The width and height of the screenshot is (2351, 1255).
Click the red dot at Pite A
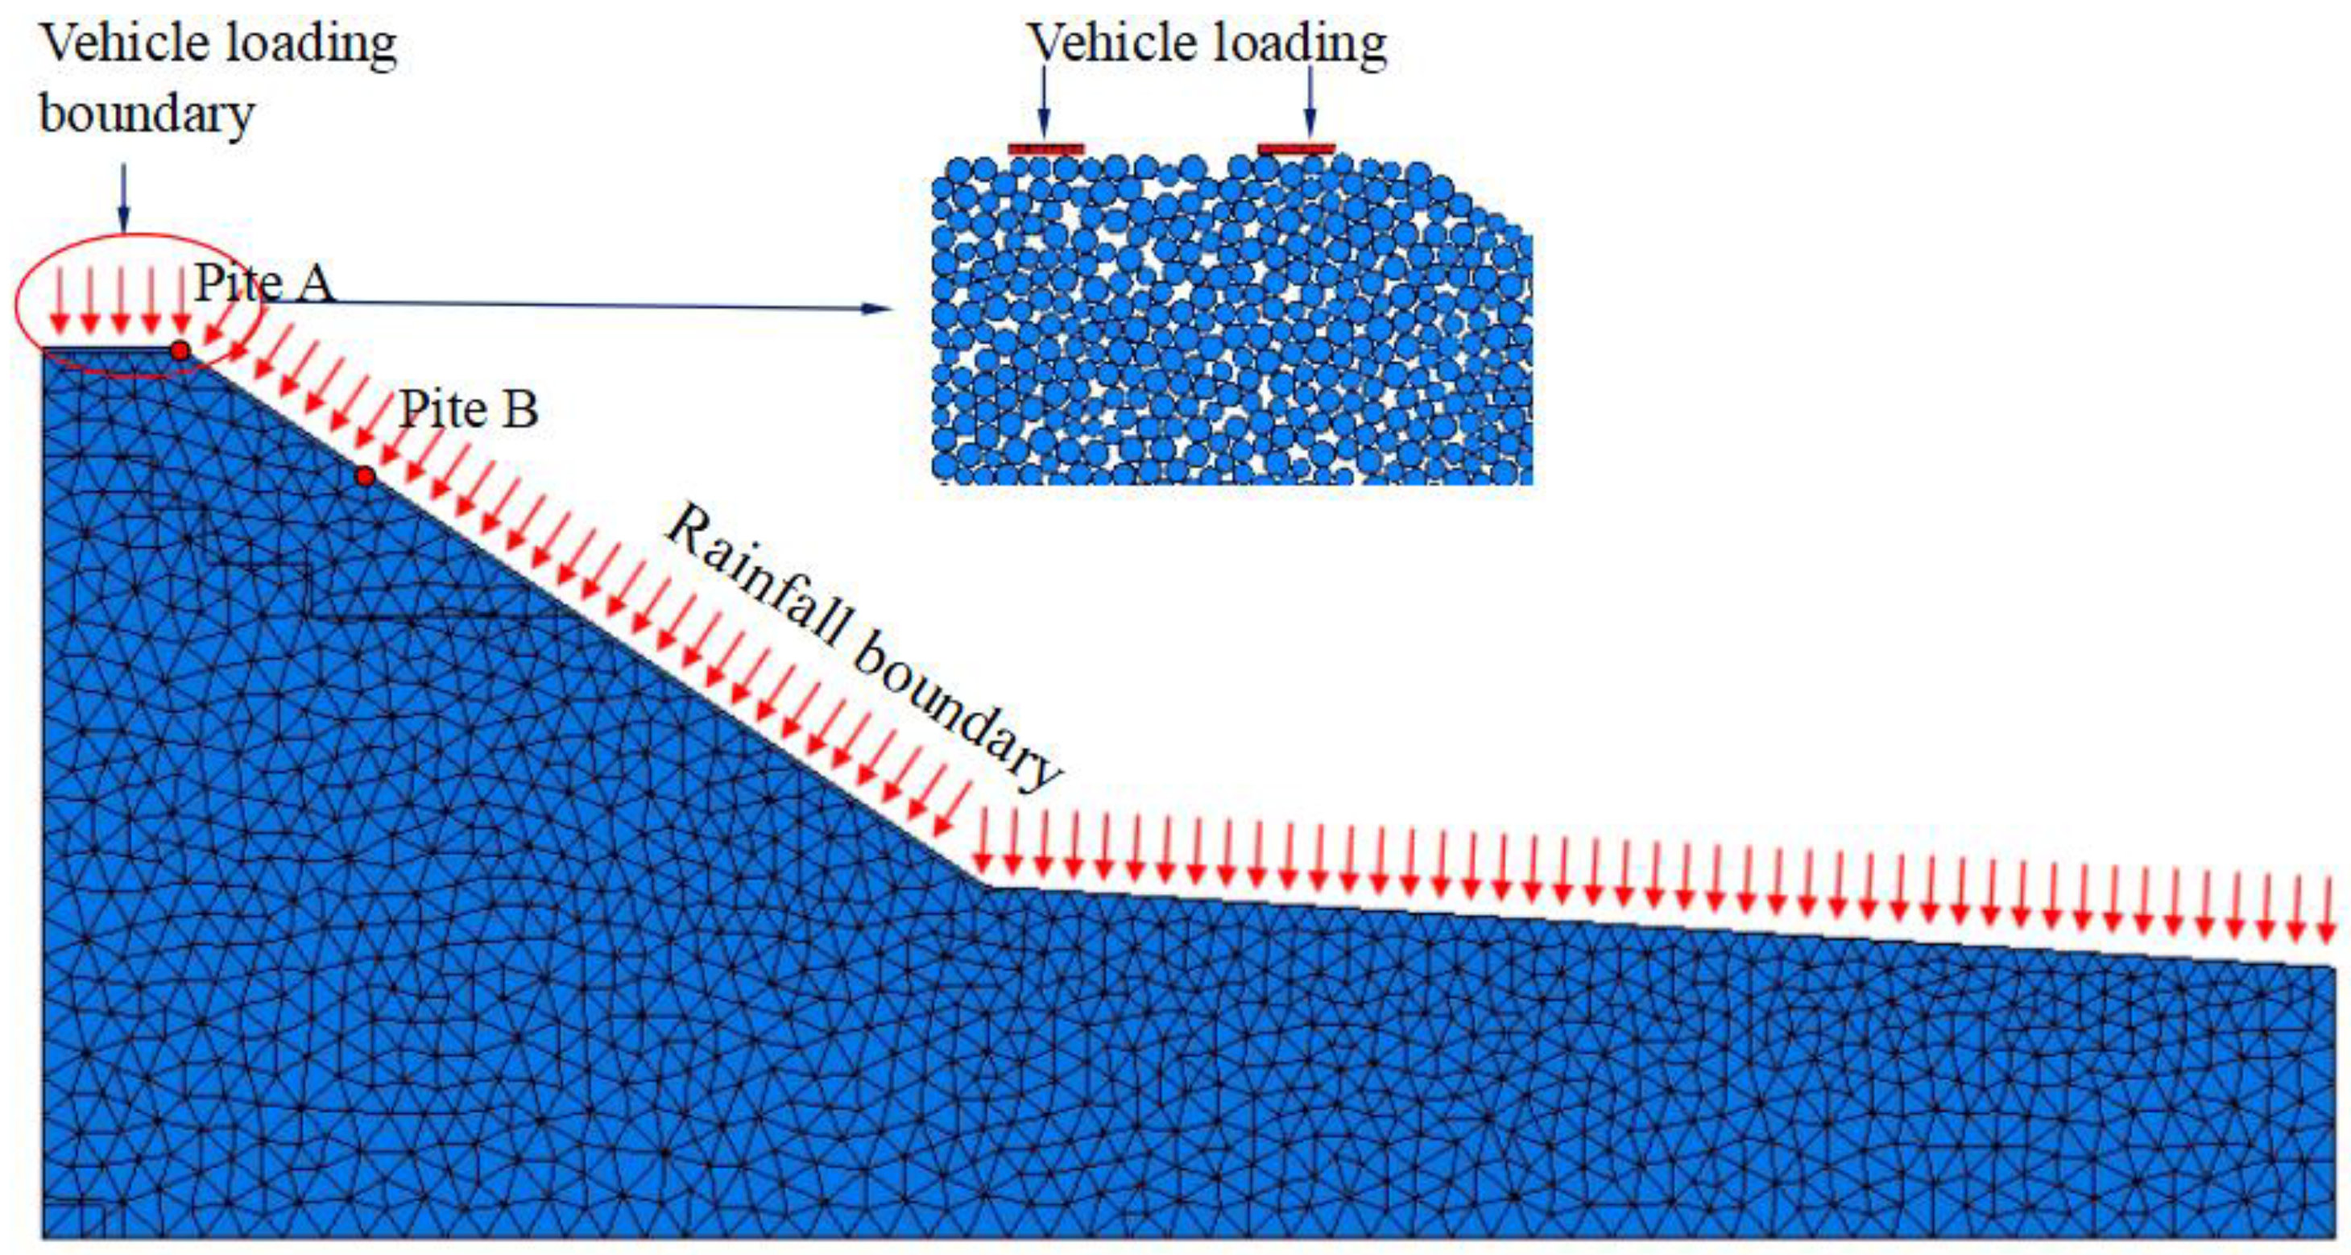180,350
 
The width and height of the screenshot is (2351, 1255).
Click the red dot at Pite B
365,476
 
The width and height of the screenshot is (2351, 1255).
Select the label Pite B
469,409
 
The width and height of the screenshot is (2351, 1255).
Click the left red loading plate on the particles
1046,149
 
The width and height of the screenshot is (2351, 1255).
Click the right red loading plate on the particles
1296,149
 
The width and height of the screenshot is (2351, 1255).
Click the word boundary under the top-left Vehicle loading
147,114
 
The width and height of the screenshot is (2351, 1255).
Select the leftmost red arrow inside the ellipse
60,301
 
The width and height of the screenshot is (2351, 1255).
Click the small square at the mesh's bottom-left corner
74,1220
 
